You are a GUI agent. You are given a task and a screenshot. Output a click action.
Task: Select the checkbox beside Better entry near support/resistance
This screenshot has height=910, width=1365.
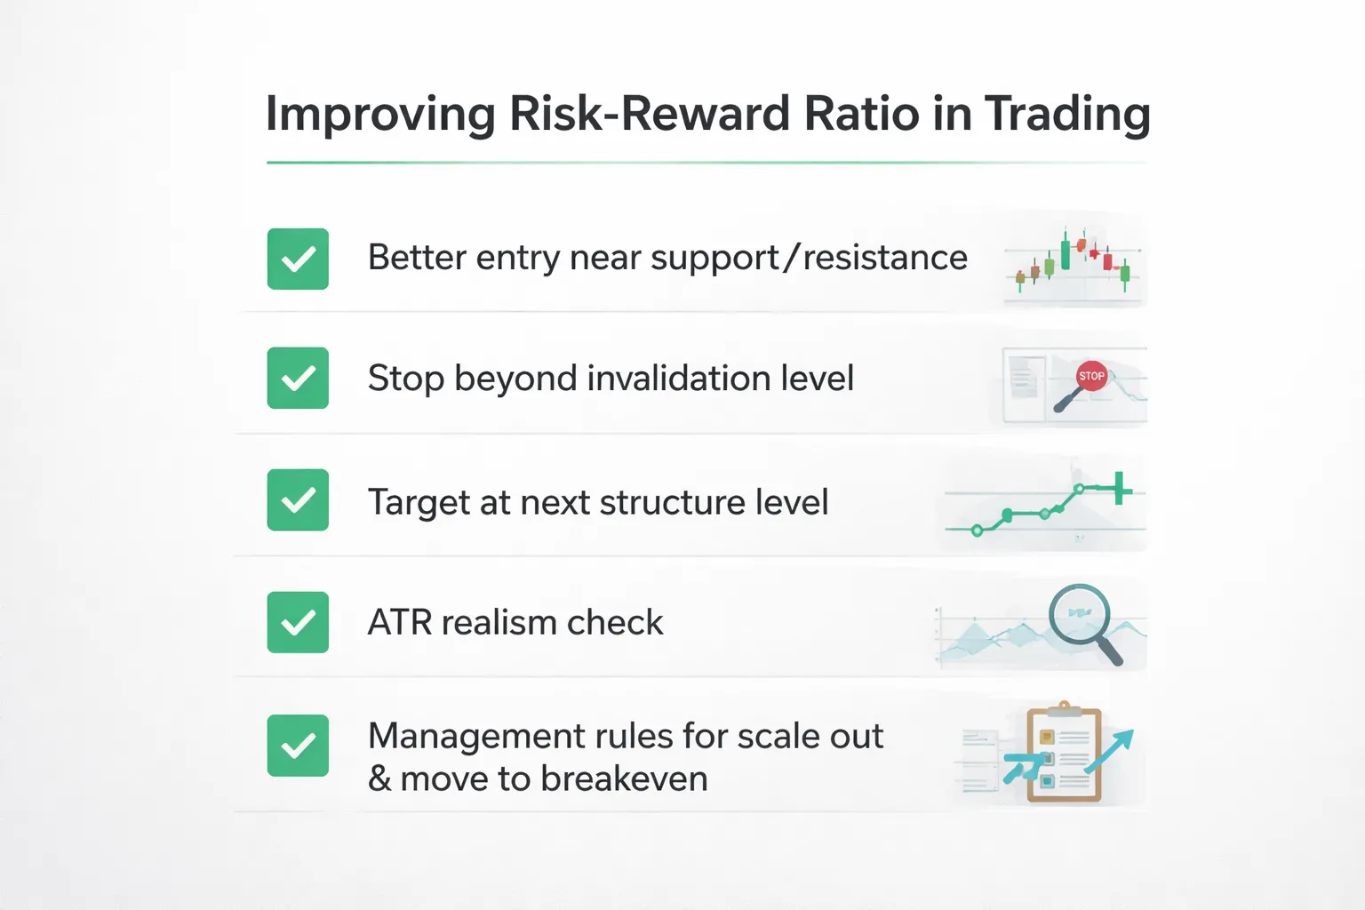coord(298,259)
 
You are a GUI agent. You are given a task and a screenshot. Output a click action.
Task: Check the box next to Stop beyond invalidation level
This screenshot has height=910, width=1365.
coord(298,378)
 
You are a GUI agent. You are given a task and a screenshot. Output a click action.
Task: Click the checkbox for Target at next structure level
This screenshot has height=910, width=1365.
coord(298,499)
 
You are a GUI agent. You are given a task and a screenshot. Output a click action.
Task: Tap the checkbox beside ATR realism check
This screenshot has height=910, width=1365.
coord(298,622)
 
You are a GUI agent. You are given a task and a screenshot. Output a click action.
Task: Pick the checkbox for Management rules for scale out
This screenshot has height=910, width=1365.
coord(298,745)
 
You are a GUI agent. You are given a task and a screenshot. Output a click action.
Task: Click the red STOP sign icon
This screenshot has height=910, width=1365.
coord(1091,376)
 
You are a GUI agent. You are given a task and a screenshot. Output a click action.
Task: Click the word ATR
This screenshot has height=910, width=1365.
coord(400,622)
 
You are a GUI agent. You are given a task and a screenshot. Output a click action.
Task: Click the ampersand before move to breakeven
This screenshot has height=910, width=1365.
coord(379,778)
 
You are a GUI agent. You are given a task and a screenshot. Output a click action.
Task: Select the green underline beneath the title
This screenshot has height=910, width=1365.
coord(706,163)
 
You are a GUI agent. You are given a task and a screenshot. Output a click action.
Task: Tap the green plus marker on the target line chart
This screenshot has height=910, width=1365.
coord(1121,488)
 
